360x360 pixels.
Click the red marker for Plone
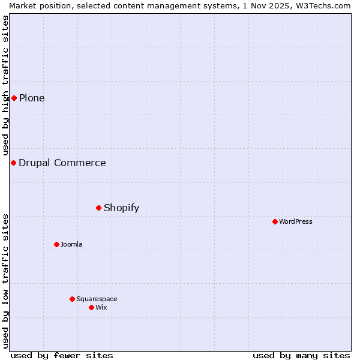14,98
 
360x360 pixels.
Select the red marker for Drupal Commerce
13,163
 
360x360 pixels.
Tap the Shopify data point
99,208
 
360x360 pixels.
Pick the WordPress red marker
275,221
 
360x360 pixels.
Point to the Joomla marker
56,244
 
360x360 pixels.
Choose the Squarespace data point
72,299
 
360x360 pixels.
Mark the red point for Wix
91,307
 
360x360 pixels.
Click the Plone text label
32,98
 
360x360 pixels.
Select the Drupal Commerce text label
62,163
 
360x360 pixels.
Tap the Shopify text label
121,208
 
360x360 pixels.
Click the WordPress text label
296,221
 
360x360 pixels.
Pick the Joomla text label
71,244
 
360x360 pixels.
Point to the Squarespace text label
97,299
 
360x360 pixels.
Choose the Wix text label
101,307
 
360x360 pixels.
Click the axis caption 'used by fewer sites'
62,355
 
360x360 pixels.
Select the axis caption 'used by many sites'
301,355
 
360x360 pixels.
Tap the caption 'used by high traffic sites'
5,85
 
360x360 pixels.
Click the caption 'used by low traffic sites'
5,280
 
